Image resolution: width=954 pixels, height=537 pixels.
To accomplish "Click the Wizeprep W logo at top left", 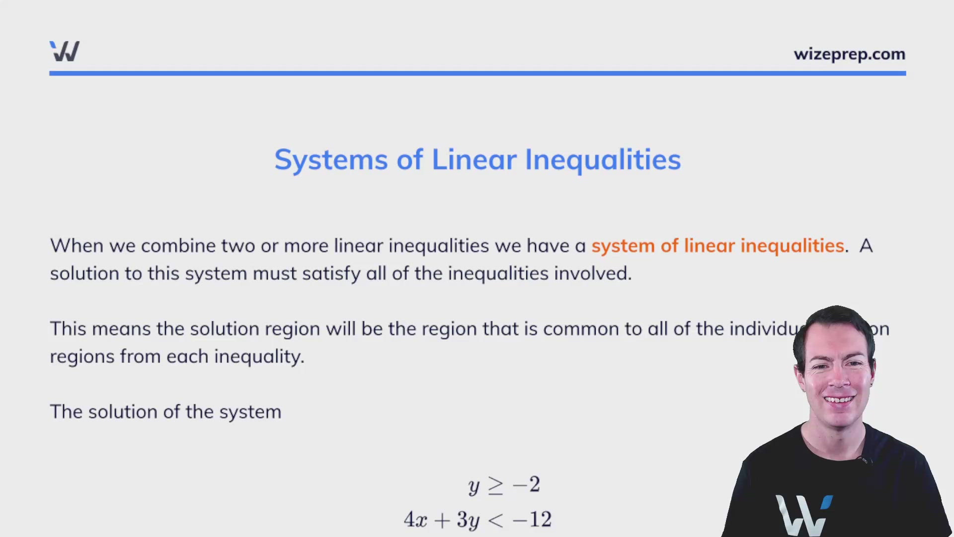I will pos(65,51).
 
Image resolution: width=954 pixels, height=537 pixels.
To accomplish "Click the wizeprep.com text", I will pos(849,54).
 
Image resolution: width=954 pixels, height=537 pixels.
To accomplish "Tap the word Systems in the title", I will pos(331,160).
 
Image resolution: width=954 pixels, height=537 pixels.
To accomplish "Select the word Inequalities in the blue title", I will pos(603,160).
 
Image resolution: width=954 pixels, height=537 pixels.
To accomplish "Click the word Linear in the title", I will pos(474,160).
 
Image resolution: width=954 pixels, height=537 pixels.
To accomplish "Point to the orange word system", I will pos(623,246).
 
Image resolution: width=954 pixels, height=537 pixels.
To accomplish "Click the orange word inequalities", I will pos(792,246).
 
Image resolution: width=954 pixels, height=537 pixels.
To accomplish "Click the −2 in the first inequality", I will pos(526,485).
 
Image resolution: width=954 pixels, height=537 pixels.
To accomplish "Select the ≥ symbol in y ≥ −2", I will pos(495,486).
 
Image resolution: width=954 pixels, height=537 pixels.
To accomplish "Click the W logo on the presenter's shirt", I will pos(802,515).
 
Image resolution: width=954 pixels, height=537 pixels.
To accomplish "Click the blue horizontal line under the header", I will pos(477,74).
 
